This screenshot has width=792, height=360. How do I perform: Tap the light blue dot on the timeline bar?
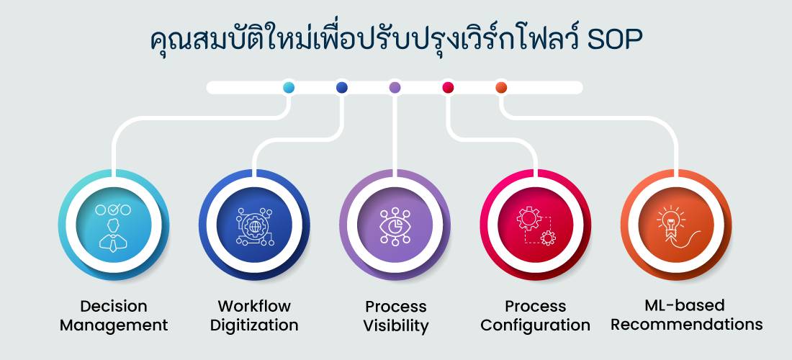tap(289, 88)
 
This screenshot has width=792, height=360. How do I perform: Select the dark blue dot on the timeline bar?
tap(342, 88)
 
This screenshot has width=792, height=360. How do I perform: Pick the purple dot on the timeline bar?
tap(395, 88)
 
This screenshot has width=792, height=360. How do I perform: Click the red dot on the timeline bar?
tap(448, 88)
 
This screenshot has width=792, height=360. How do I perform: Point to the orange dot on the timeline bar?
tap(501, 88)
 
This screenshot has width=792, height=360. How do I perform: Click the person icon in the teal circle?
tap(113, 226)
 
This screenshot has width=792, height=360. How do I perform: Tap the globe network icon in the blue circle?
tap(253, 226)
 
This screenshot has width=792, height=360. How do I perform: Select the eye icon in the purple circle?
tap(395, 226)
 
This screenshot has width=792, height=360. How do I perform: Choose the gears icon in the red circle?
tap(535, 226)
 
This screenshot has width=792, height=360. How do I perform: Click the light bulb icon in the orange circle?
tap(675, 226)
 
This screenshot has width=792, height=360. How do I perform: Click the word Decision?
tap(113, 306)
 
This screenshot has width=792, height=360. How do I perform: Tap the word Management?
tap(114, 325)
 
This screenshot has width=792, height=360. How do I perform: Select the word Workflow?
tap(254, 306)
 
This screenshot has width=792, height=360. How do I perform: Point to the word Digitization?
tap(254, 325)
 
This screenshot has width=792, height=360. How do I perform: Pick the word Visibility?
tap(395, 325)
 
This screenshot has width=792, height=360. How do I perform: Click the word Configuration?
tap(536, 325)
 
